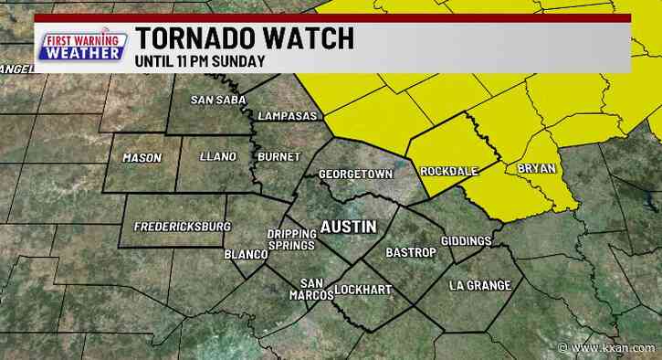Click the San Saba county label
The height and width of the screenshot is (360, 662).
[x=213, y=100]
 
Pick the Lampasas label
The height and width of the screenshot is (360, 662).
[x=287, y=117]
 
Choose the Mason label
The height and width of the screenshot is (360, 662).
[x=142, y=157]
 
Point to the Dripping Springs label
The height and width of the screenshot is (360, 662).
[x=291, y=239]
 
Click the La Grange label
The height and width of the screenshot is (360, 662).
[x=480, y=286]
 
